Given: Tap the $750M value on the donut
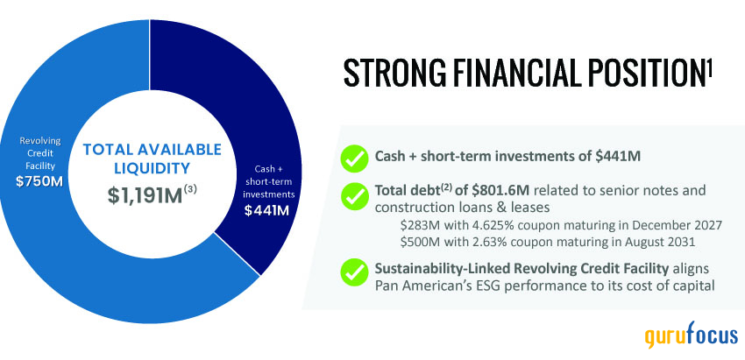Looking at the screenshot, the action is click(39, 182).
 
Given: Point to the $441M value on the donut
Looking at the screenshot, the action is click(266, 210).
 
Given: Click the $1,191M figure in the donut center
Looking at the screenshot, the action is click(145, 195).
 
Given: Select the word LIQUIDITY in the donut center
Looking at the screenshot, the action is click(152, 168).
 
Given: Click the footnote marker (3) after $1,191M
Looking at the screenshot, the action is click(190, 189).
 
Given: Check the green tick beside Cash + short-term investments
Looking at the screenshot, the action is click(354, 159).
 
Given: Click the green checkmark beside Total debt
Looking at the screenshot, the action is click(354, 196).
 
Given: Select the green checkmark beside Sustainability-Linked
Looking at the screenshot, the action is click(354, 272).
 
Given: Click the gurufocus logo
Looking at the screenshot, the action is click(691, 335).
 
